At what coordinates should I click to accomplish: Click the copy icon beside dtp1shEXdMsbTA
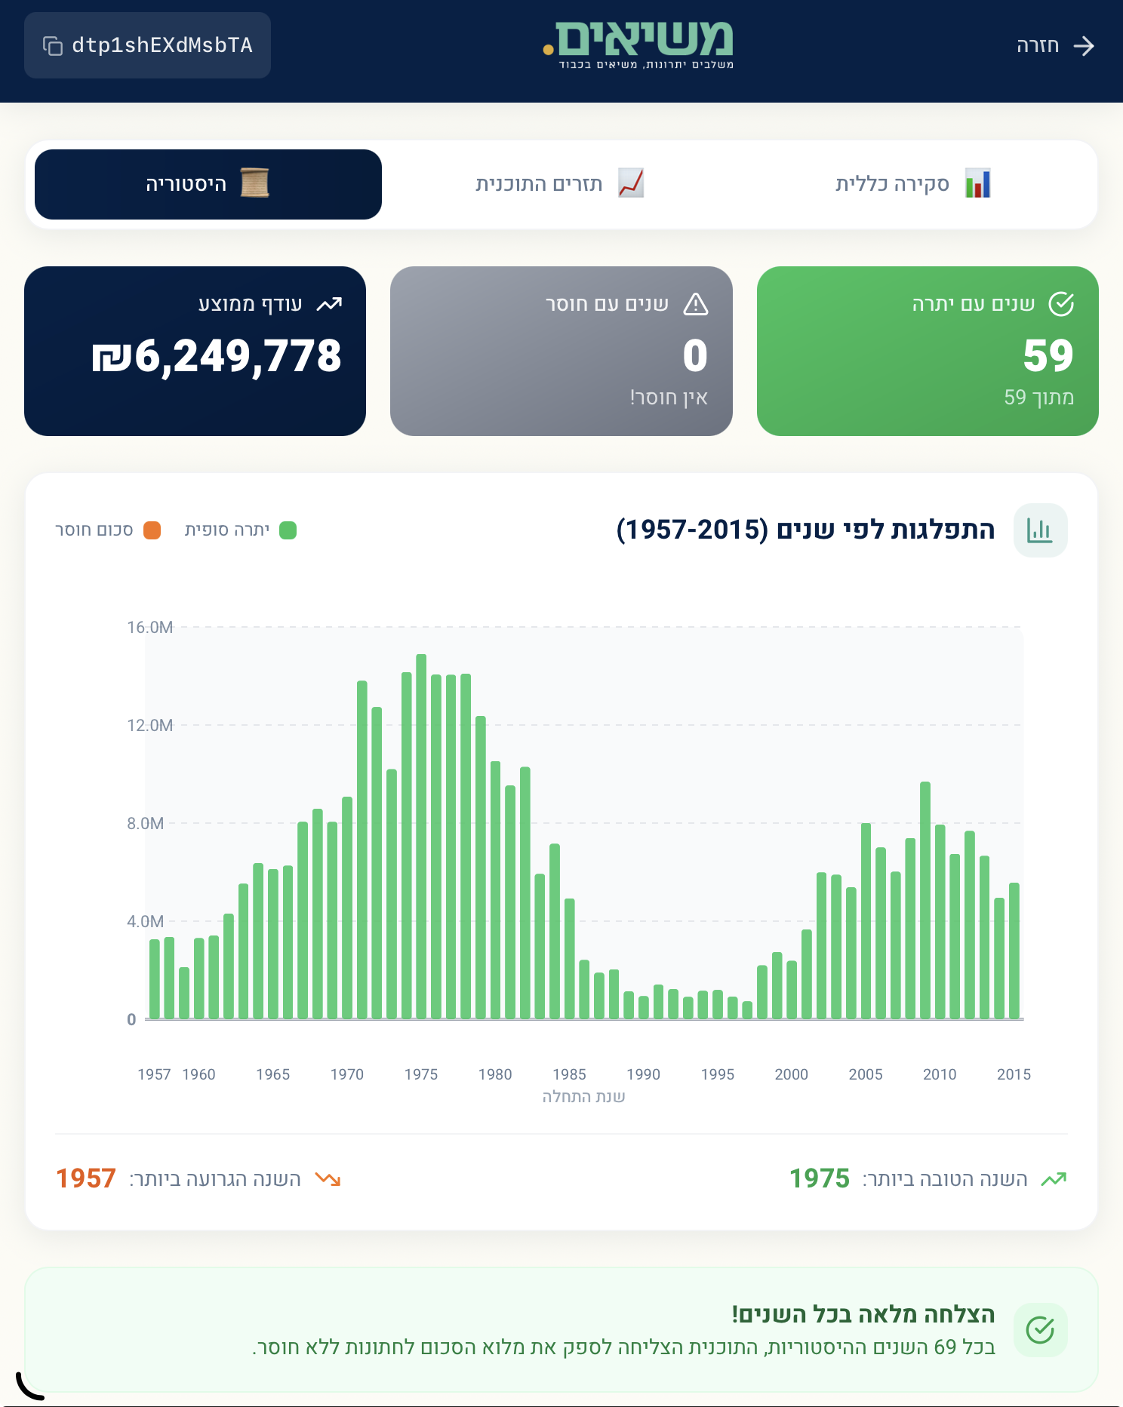point(52,46)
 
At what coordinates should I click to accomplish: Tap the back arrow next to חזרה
point(1084,46)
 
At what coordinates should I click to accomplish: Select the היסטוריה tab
point(208,184)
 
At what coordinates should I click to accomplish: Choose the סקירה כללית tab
point(912,184)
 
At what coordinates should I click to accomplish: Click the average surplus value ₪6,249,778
point(217,356)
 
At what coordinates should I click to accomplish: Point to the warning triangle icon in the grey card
point(695,304)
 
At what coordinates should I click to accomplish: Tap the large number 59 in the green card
point(1048,356)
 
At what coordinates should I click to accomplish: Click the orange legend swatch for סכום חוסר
point(152,530)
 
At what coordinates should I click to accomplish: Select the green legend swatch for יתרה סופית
point(288,530)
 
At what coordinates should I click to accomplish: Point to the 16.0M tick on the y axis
point(149,628)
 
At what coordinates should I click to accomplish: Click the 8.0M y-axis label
point(145,824)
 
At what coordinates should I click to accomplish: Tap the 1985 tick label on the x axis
point(569,1074)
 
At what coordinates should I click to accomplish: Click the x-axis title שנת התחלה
point(583,1096)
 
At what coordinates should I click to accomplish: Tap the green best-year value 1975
point(819,1178)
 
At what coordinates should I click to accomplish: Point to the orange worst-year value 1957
point(86,1178)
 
